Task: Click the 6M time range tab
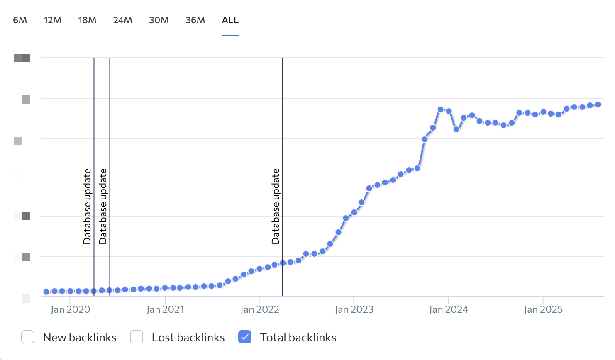tap(20, 20)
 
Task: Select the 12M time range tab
tap(53, 20)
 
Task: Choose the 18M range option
tap(87, 20)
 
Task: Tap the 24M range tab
tap(122, 20)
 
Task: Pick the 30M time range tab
tap(159, 20)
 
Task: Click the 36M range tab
tap(195, 20)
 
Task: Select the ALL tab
tap(230, 20)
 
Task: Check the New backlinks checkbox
tap(28, 337)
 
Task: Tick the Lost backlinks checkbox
tap(137, 337)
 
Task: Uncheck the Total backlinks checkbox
tap(245, 337)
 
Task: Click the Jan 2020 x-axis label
tap(70, 310)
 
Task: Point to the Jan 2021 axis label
tap(165, 310)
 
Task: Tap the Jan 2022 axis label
tap(260, 310)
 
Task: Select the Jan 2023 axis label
tap(354, 310)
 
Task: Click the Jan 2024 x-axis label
tap(449, 310)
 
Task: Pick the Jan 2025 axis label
tap(543, 310)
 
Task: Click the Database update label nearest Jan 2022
tap(276, 206)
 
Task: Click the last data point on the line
tap(598, 105)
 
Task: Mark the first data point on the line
tap(46, 292)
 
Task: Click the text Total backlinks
tap(298, 338)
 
